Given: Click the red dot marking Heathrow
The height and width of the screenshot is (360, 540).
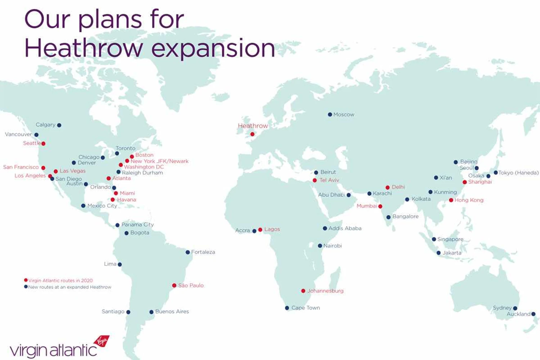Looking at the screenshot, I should (252, 134).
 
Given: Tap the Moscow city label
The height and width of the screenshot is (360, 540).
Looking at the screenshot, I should (344, 114).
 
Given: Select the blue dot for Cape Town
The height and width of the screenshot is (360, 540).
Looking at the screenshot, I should (287, 308).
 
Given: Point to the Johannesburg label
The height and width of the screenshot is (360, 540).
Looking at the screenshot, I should (325, 291).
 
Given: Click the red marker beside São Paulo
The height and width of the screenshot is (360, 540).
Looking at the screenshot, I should (174, 285).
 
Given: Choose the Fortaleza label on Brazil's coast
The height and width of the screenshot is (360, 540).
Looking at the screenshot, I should (203, 252).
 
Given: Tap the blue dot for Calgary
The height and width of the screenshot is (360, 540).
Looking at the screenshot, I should (59, 125).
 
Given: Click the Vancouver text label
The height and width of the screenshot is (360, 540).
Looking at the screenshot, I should (18, 134).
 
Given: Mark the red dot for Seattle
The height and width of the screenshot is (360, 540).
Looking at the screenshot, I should (43, 144).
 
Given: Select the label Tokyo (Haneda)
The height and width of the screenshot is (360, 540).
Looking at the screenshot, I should (518, 173).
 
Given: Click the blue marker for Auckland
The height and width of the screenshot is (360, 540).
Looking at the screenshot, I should (533, 314).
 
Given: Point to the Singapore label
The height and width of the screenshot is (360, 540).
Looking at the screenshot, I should (450, 239).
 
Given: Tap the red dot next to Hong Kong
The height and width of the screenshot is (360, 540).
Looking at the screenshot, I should (451, 200).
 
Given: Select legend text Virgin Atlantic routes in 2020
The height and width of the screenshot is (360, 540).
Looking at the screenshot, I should (60, 280).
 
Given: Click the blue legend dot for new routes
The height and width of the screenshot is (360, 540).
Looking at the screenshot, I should (26, 287).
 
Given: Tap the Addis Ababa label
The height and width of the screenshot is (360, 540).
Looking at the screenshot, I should (345, 228).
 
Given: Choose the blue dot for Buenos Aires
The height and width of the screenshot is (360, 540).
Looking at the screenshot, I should (152, 312).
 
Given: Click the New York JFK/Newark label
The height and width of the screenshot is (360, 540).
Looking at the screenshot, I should (159, 161).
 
